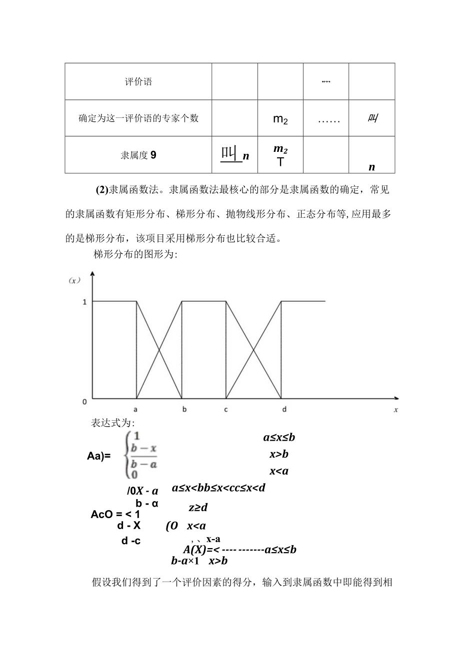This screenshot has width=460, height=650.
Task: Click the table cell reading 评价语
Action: click(138, 82)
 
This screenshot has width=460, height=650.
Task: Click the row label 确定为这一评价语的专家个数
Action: click(138, 118)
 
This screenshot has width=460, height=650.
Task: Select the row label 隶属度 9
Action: click(138, 155)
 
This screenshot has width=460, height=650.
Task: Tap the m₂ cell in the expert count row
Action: click(280, 119)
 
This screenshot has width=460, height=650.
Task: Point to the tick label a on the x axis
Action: click(136, 409)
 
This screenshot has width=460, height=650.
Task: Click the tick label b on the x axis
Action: click(184, 409)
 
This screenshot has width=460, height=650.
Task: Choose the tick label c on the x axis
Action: click(226, 409)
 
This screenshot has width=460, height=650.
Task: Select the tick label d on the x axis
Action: click(284, 409)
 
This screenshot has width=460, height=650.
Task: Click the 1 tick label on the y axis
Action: click(84, 302)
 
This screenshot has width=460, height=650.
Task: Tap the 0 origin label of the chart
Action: click(84, 400)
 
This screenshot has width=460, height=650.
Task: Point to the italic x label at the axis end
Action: click(395, 410)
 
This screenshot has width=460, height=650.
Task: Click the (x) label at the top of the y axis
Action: click(74, 281)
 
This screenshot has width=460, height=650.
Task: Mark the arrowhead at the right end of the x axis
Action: click(396, 398)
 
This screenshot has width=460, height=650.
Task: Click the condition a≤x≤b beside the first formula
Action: click(279, 438)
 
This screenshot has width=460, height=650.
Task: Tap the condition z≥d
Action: click(198, 508)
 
